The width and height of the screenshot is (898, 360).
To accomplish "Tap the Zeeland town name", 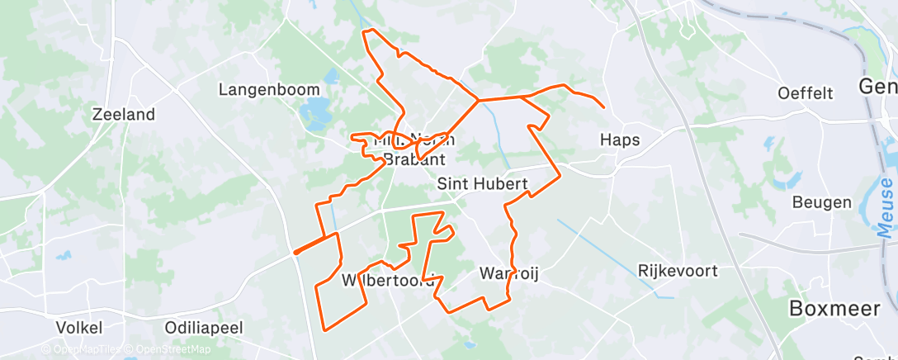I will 124,115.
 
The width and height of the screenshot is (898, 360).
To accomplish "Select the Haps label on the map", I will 620,140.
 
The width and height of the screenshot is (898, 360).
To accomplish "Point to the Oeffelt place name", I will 806,92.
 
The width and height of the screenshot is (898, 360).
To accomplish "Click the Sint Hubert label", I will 482,184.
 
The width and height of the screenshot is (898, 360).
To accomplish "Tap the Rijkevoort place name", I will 678,270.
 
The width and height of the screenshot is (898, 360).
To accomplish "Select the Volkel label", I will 78,327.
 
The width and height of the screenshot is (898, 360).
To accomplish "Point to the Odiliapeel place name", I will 204,328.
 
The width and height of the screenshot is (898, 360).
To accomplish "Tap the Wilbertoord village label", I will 388,281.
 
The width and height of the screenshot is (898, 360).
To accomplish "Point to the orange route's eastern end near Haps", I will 604,107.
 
